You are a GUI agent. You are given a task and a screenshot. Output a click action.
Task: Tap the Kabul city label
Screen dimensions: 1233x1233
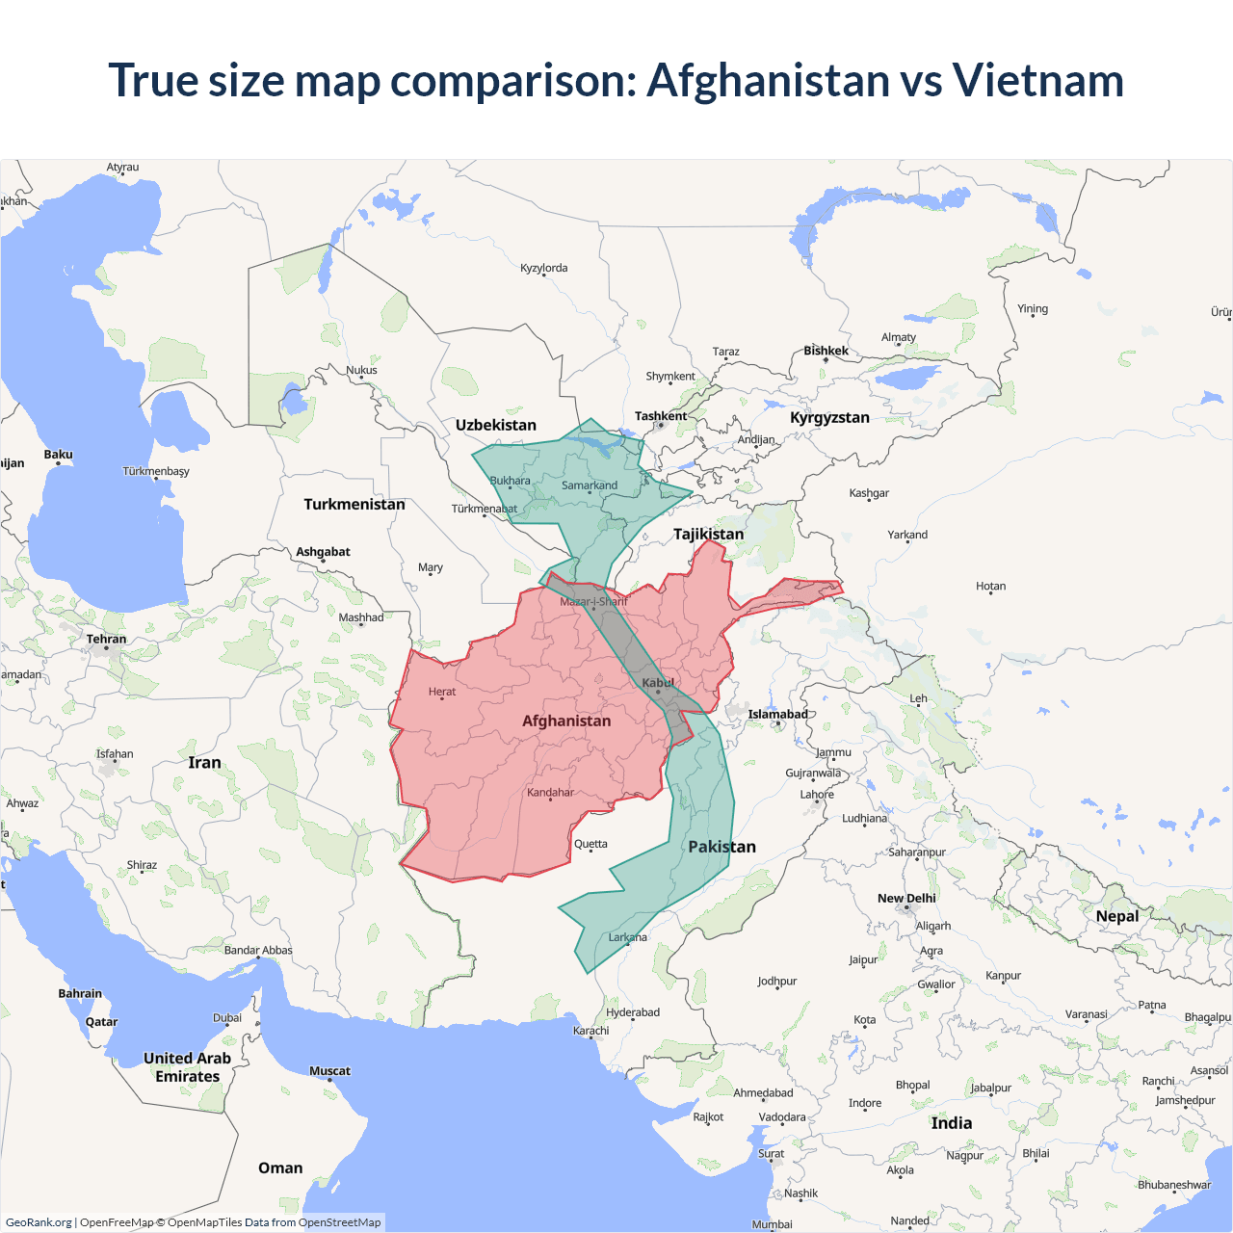click(x=659, y=683)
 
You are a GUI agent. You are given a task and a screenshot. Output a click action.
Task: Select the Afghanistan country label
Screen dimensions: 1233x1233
click(x=566, y=721)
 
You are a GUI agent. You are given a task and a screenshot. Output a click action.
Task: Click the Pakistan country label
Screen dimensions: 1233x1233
click(x=721, y=847)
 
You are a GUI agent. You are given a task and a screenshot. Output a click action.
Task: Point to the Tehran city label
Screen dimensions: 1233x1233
click(x=106, y=639)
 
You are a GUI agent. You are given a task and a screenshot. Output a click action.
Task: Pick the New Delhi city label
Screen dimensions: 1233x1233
click(x=906, y=898)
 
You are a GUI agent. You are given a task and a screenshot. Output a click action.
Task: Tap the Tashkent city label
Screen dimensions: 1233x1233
click(x=661, y=416)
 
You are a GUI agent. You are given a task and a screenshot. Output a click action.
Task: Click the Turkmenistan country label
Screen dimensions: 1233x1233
click(x=354, y=504)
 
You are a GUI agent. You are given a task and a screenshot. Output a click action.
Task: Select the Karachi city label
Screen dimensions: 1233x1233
click(x=590, y=1030)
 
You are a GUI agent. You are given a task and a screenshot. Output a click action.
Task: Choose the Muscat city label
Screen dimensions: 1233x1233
click(x=329, y=1071)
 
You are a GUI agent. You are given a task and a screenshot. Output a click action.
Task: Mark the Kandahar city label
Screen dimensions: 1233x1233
click(x=550, y=793)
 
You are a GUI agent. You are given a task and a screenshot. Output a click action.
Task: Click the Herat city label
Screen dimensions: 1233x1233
click(x=442, y=692)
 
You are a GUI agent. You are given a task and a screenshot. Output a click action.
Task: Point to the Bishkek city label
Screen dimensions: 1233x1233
click(x=826, y=351)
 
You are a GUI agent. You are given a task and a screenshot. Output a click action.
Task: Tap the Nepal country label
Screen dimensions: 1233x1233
click(x=1117, y=916)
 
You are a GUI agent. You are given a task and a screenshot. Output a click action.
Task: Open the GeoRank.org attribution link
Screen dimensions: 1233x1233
click(x=39, y=1222)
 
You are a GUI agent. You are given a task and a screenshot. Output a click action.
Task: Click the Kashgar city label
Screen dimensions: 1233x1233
click(x=869, y=493)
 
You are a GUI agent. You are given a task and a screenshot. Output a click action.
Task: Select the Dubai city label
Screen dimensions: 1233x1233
click(x=227, y=1017)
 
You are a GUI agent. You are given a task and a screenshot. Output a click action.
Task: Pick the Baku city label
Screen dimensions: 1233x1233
click(x=58, y=455)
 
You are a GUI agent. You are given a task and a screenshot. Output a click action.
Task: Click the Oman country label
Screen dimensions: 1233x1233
click(x=280, y=1167)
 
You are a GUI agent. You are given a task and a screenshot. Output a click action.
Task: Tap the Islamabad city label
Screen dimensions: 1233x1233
click(x=778, y=714)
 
